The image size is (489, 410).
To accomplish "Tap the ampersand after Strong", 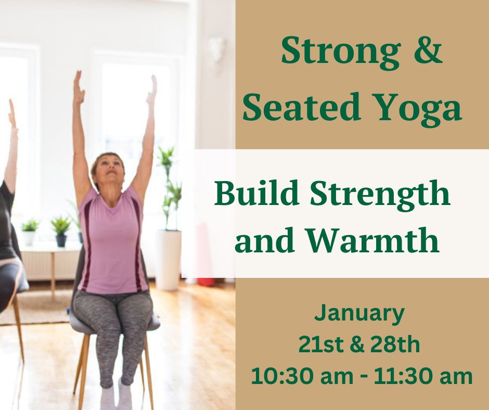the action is [429, 50].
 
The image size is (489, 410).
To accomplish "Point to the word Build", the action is [256, 194].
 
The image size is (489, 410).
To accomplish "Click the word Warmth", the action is [372, 240].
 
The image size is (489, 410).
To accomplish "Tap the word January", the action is [359, 314].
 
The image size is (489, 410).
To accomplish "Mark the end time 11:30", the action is [404, 376].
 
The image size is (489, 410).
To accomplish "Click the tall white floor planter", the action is [168, 260].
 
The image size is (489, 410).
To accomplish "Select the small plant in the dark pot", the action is [61, 232].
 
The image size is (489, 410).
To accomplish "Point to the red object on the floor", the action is [206, 282].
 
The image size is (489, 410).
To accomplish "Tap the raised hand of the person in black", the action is [12, 114].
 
